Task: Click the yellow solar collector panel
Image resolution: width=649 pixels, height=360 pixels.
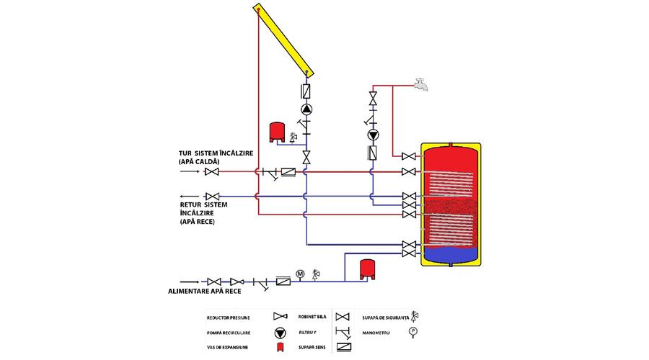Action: coord(284,40)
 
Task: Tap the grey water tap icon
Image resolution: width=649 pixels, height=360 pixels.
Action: coord(421,84)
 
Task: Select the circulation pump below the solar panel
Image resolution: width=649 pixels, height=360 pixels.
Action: coord(306,109)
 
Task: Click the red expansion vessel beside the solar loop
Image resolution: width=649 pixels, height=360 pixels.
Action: coord(277,132)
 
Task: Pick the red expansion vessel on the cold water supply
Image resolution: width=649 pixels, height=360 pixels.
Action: coord(367,269)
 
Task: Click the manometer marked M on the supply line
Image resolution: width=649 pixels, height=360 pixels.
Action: coord(300,274)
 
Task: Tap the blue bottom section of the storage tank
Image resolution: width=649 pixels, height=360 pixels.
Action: coord(451,254)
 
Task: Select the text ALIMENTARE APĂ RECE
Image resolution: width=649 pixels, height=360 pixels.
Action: coord(205,292)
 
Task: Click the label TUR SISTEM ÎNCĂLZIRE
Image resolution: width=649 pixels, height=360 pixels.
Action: coord(216,153)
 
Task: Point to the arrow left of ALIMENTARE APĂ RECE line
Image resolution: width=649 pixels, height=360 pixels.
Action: coord(190,282)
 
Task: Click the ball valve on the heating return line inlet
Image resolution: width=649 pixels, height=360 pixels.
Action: coord(212,197)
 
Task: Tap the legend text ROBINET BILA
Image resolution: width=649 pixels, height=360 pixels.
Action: coord(312,317)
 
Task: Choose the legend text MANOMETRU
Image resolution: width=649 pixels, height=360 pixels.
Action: coord(376,333)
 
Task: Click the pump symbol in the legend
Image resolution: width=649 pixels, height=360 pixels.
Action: coord(281,333)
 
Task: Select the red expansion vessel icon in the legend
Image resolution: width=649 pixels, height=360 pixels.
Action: coord(281,347)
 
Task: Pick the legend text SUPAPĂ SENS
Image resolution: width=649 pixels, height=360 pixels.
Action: coord(312,348)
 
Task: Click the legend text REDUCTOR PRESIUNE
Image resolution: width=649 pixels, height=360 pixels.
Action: coord(229,318)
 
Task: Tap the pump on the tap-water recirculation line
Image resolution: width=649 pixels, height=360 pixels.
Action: coord(374,135)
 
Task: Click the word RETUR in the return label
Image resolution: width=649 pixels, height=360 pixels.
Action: coord(191,204)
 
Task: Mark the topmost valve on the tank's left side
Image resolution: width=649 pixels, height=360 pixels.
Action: coord(409,156)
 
